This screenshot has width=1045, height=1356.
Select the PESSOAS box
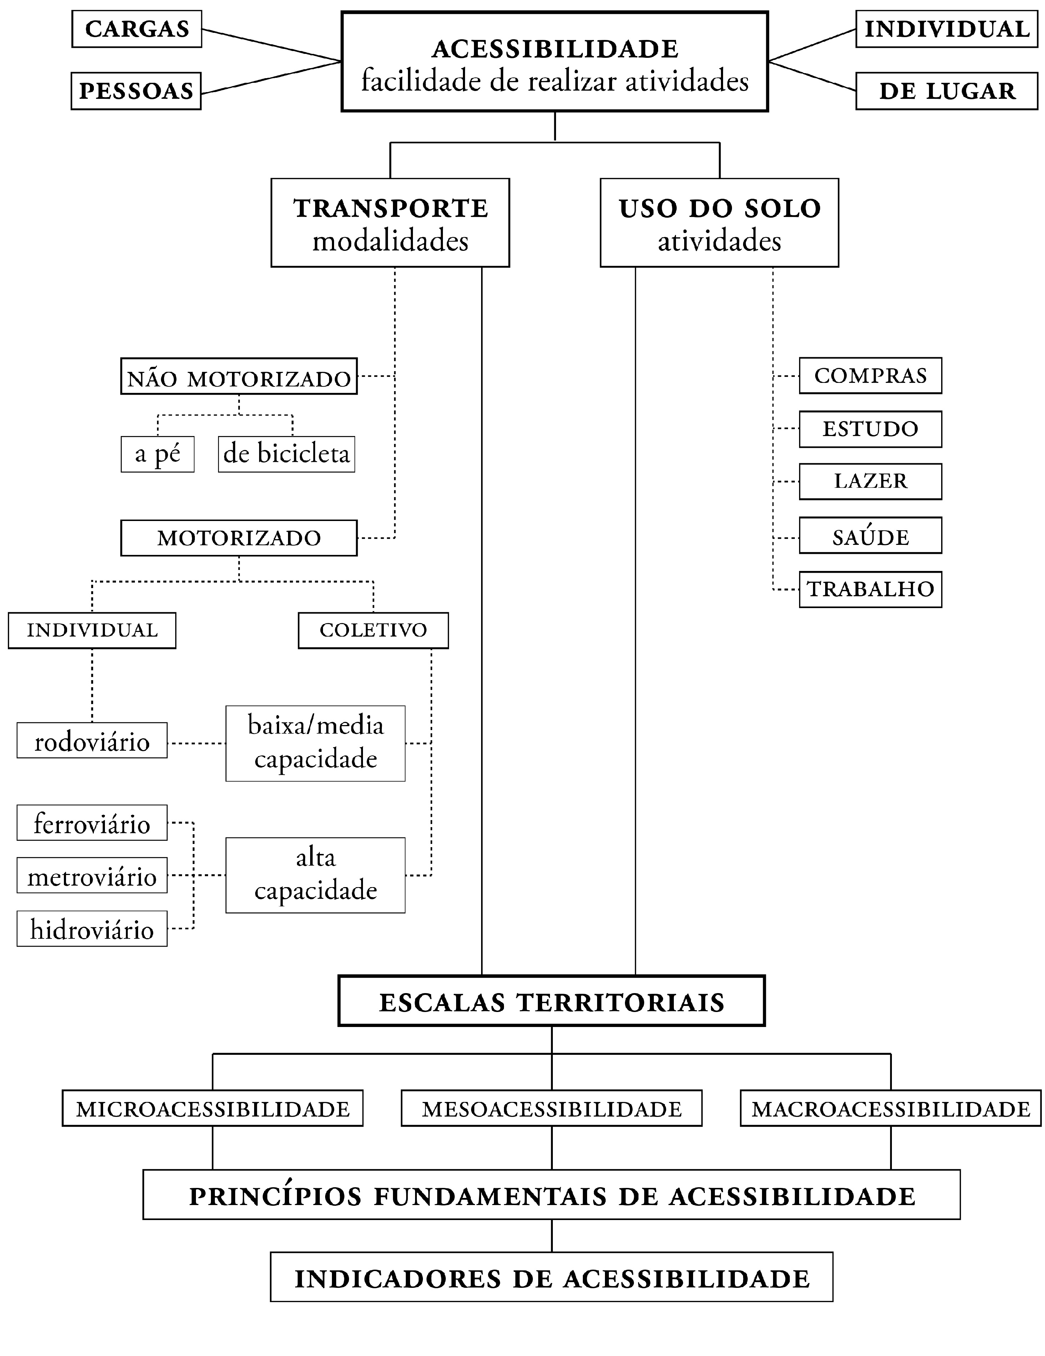[x=136, y=91]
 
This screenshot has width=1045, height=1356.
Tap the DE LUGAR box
[x=946, y=91]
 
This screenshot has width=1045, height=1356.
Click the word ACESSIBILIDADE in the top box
[x=555, y=49]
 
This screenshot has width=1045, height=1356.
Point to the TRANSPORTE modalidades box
[x=390, y=223]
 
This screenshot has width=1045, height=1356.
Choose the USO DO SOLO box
[x=719, y=223]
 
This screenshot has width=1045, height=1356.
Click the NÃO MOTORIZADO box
[x=239, y=376]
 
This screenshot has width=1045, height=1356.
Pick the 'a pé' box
[x=158, y=454]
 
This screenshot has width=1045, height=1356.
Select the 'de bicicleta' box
[x=286, y=454]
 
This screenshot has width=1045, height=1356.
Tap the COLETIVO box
[x=373, y=630]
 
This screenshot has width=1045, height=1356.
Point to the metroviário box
[x=92, y=875]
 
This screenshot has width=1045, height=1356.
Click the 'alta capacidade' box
[x=315, y=875]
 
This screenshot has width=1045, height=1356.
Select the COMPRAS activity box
[x=870, y=376]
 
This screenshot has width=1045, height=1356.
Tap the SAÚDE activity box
[x=870, y=536]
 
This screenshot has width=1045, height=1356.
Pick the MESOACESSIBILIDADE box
[x=551, y=1108]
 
